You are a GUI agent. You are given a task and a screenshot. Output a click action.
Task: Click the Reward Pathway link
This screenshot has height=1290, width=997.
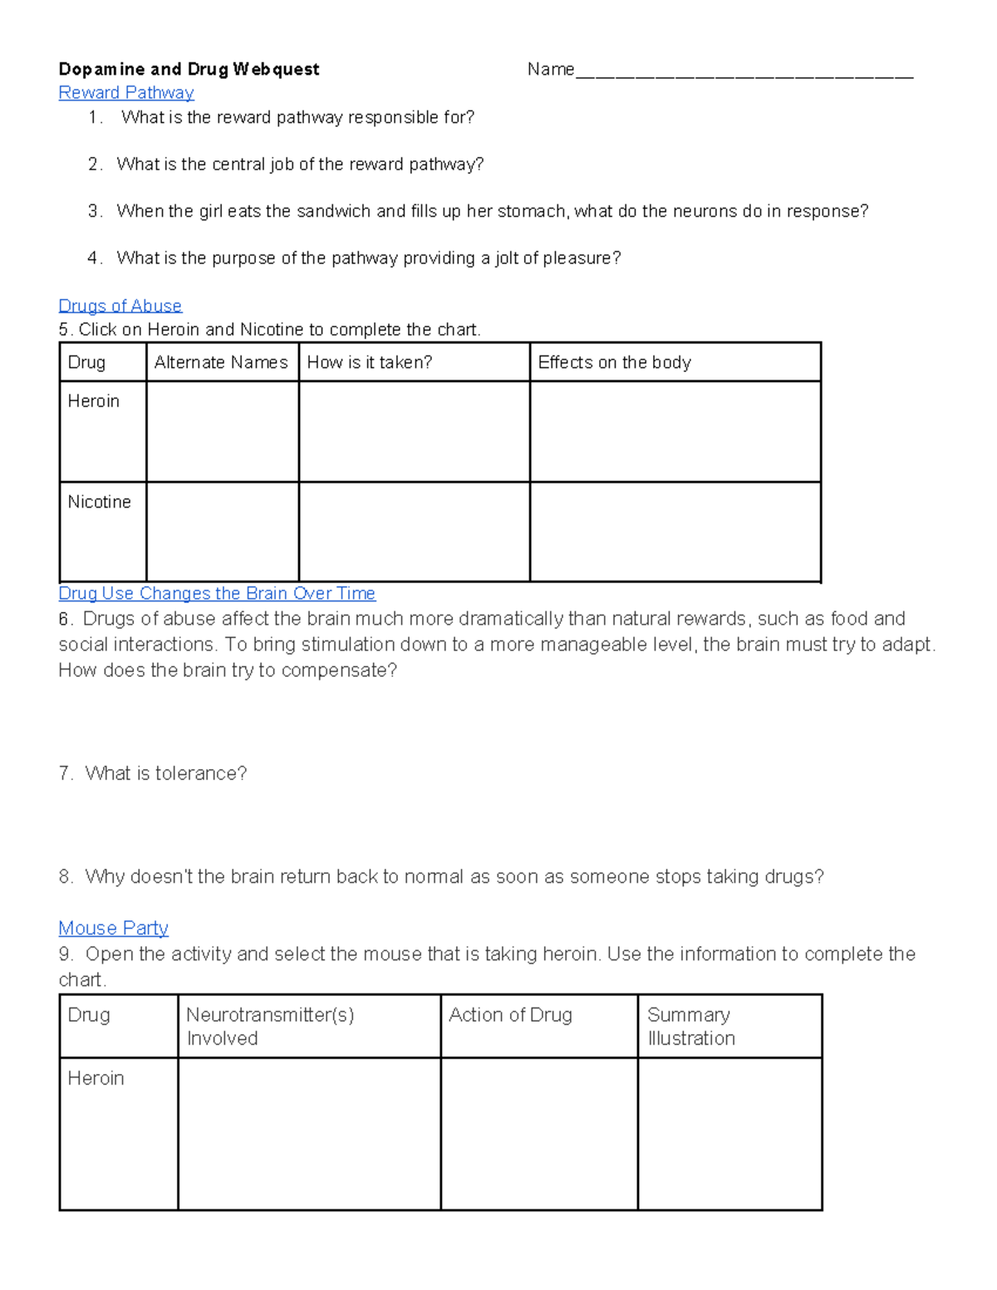(x=126, y=93)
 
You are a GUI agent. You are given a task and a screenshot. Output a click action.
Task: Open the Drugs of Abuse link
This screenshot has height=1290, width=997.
(x=120, y=306)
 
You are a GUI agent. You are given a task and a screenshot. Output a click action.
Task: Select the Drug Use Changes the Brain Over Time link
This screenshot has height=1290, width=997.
(x=217, y=593)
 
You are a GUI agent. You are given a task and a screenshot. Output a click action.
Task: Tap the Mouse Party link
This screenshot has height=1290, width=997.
(x=113, y=928)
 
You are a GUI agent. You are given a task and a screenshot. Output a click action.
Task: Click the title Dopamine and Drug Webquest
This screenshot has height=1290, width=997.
(x=189, y=69)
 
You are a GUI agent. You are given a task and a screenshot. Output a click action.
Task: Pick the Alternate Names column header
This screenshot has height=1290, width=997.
(x=221, y=362)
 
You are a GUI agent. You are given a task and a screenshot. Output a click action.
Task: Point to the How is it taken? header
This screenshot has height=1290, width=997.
(x=370, y=362)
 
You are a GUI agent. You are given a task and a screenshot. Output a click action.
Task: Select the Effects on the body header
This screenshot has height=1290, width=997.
(x=614, y=362)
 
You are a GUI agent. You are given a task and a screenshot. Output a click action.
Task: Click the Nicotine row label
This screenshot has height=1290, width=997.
(x=99, y=502)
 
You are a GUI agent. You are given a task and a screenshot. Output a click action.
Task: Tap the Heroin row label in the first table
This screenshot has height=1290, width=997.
(x=93, y=401)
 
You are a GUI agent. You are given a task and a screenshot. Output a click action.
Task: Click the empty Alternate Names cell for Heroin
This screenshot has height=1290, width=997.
(x=222, y=432)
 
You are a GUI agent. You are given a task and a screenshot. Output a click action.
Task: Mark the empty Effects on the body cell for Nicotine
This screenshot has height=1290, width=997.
(x=675, y=532)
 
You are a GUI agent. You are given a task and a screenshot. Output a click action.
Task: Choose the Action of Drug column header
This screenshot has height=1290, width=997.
(x=510, y=1015)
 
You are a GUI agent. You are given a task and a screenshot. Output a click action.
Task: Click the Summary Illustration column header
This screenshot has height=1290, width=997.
(x=690, y=1027)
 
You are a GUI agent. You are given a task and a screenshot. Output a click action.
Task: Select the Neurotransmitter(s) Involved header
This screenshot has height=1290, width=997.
(x=270, y=1027)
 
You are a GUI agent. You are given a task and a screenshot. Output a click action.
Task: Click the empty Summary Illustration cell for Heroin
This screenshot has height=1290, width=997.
(x=729, y=1133)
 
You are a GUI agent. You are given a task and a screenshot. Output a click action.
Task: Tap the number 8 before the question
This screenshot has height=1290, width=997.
(x=65, y=877)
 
